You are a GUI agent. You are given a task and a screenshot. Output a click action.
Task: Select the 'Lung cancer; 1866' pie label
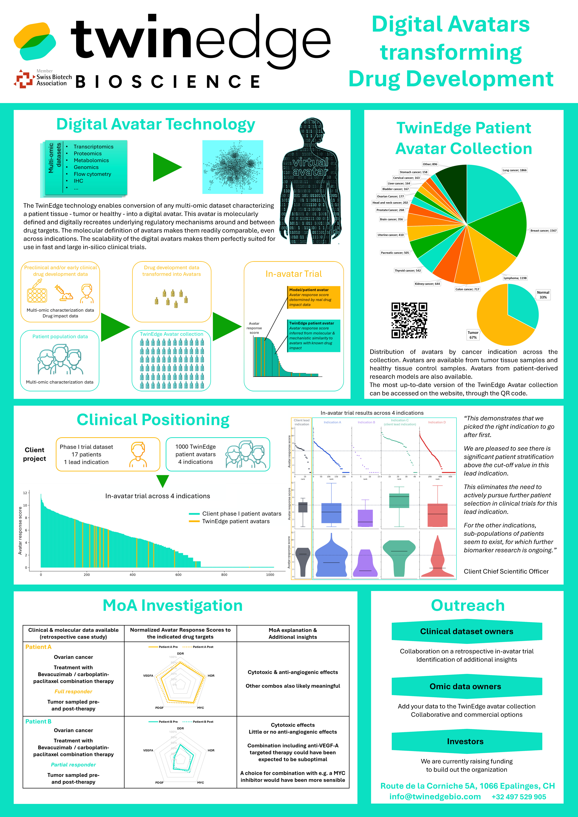(x=514, y=170)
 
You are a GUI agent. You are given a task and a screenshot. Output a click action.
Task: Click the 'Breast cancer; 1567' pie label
(x=543, y=231)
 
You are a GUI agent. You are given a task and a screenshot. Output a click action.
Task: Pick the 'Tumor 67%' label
(x=473, y=335)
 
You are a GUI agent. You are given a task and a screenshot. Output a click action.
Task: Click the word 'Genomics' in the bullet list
(x=86, y=167)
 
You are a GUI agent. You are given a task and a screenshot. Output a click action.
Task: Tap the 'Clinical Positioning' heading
(x=153, y=420)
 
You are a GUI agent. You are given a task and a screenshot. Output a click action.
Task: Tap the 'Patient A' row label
(x=38, y=647)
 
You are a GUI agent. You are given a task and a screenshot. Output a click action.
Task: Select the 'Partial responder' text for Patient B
(x=73, y=764)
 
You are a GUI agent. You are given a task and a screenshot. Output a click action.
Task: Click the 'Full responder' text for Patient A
(x=73, y=691)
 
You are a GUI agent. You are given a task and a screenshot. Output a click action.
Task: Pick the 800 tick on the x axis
(x=224, y=574)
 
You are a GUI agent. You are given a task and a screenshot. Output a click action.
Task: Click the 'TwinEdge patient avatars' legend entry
(x=236, y=521)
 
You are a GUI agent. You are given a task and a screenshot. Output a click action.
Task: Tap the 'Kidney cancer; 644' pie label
(x=427, y=284)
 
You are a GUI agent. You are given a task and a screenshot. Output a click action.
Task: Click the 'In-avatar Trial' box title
(x=294, y=274)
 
